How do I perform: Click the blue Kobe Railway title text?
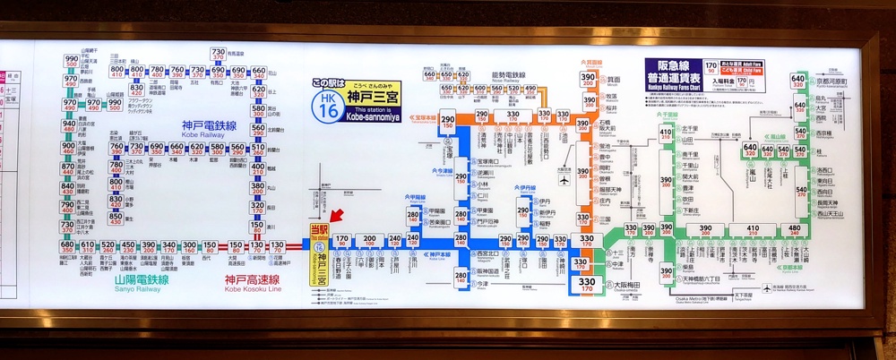click(x=208, y=125)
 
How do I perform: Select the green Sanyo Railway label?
click(x=137, y=282)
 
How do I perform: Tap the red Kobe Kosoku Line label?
click(x=253, y=282)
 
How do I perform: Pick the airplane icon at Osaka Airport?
click(x=564, y=178)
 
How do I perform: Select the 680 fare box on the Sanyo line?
click(x=68, y=247)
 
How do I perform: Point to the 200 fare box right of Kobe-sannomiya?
click(x=369, y=242)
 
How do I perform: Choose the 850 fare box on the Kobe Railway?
click(x=116, y=219)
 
